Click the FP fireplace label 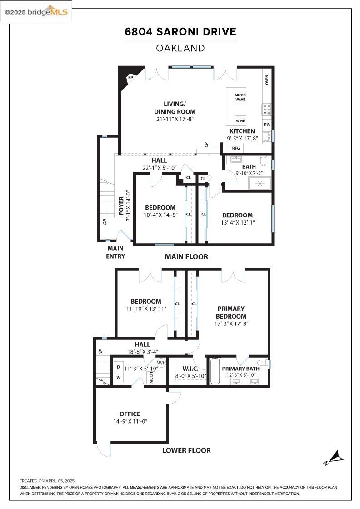pyautogui.click(x=130, y=78)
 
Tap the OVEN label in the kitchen pyautogui.click(x=267, y=80)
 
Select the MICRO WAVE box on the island pyautogui.click(x=240, y=97)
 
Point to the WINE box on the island pyautogui.click(x=240, y=121)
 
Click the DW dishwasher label pyautogui.click(x=267, y=124)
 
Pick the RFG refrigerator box pyautogui.click(x=236, y=148)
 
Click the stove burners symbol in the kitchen pyautogui.click(x=267, y=110)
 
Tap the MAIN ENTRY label pyautogui.click(x=115, y=252)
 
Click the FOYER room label pyautogui.click(x=121, y=205)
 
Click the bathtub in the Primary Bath pyautogui.click(x=215, y=371)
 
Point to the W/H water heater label pyautogui.click(x=161, y=363)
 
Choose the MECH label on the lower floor pyautogui.click(x=152, y=378)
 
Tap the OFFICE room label pyautogui.click(x=130, y=414)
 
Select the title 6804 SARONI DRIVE pyautogui.click(x=180, y=32)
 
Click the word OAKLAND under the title pyautogui.click(x=180, y=48)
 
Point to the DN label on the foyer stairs pyautogui.click(x=104, y=221)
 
